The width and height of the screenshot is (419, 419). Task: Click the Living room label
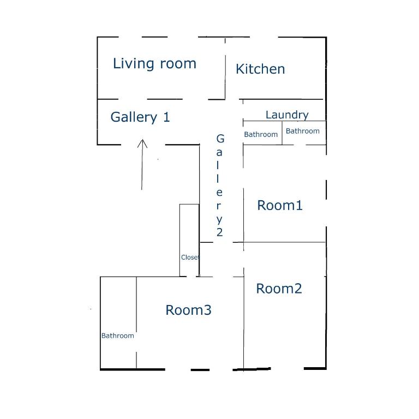pyautogui.click(x=154, y=64)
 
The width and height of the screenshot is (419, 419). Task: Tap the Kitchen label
pyautogui.click(x=260, y=69)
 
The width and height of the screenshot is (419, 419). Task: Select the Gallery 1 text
pyautogui.click(x=140, y=117)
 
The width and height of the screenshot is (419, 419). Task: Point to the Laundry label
pyautogui.click(x=287, y=115)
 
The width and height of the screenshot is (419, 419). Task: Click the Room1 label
pyautogui.click(x=280, y=206)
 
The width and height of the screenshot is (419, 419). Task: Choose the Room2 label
pyautogui.click(x=279, y=289)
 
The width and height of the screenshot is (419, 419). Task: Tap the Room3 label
pyautogui.click(x=188, y=310)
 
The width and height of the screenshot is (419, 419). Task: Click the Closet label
pyautogui.click(x=190, y=258)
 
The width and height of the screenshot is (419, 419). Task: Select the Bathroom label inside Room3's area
pyautogui.click(x=118, y=336)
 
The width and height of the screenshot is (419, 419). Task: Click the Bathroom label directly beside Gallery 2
pyautogui.click(x=261, y=134)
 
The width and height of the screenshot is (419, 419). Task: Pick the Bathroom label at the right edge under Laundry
pyautogui.click(x=302, y=131)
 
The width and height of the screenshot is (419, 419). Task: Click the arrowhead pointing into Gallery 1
pyautogui.click(x=142, y=143)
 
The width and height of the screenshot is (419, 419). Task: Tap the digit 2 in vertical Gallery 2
pyautogui.click(x=220, y=232)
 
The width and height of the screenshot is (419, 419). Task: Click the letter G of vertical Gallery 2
pyautogui.click(x=220, y=139)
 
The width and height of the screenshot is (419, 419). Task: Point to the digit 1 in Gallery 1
pyautogui.click(x=166, y=117)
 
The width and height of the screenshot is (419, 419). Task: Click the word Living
pyautogui.click(x=133, y=64)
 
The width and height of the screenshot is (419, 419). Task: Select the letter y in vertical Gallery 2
pyautogui.click(x=219, y=220)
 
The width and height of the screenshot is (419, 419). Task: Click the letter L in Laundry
pyautogui.click(x=268, y=115)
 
